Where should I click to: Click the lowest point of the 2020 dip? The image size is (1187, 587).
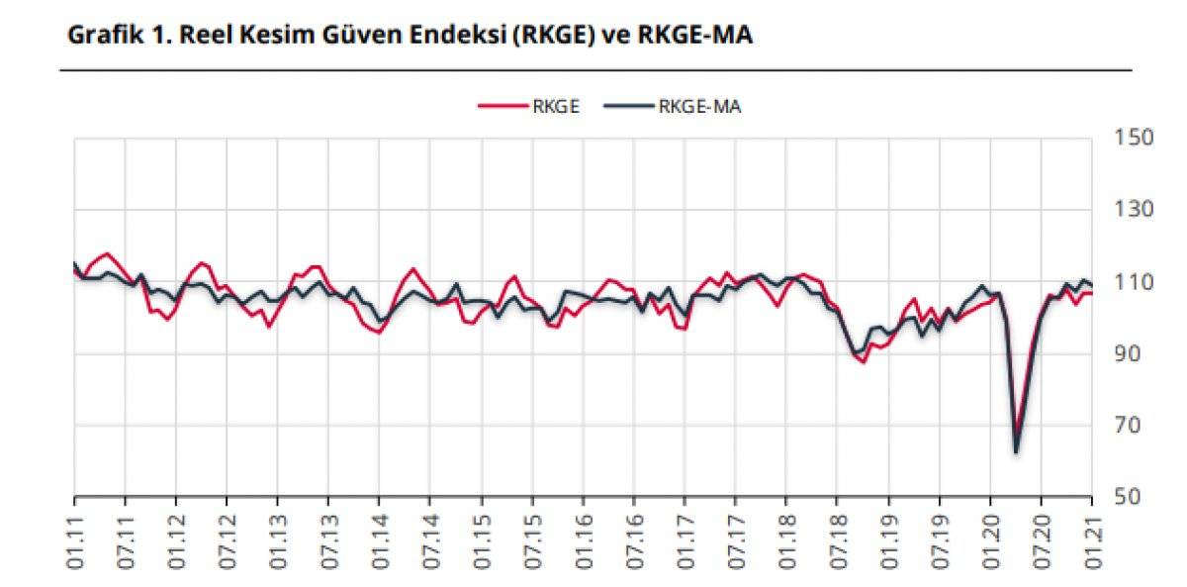(x=1016, y=452)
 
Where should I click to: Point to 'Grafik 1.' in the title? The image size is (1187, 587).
(x=110, y=37)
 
